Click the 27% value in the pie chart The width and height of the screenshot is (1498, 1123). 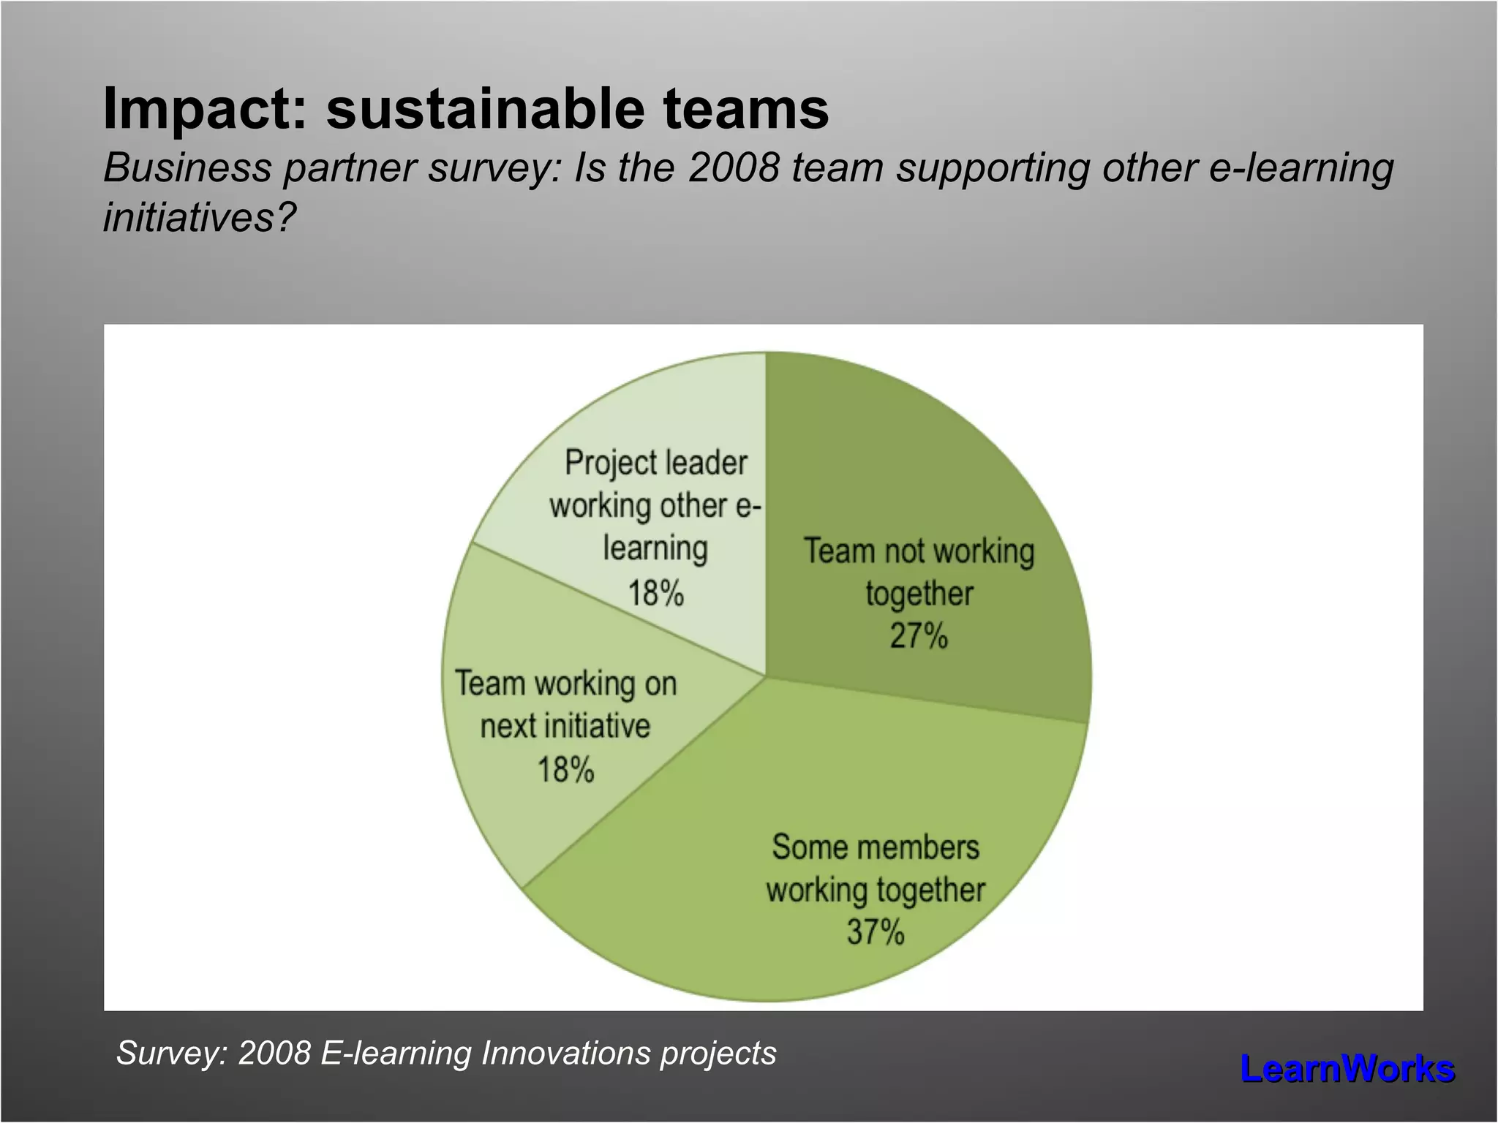(919, 635)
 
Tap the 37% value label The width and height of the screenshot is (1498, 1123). (876, 932)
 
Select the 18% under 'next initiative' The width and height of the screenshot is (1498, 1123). (565, 770)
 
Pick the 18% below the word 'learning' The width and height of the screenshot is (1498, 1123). (655, 593)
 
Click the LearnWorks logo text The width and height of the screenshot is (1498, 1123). (1347, 1069)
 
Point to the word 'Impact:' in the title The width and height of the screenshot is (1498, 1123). (204, 109)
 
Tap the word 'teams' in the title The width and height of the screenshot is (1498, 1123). (745, 109)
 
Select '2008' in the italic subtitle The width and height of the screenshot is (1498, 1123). (734, 167)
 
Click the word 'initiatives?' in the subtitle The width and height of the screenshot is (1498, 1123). (200, 217)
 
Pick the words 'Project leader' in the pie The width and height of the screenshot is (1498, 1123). (655, 463)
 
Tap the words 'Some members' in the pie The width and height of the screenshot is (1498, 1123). (876, 847)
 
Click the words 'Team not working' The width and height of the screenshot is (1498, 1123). (919, 551)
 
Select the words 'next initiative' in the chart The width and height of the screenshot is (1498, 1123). (565, 727)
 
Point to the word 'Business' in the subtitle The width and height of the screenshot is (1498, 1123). (187, 167)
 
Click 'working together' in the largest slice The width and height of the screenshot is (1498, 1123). (876, 891)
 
